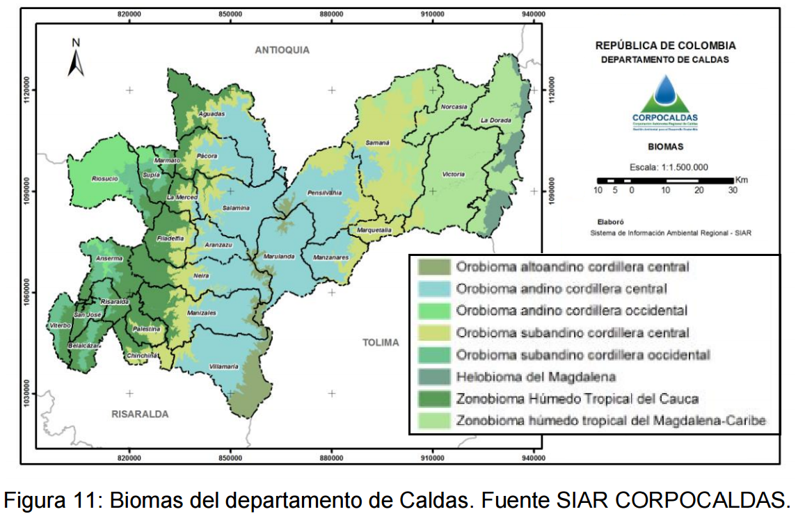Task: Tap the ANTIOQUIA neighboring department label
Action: click(x=282, y=50)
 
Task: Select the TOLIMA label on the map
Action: click(x=381, y=342)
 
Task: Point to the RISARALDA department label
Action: click(x=140, y=414)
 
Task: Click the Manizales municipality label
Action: click(x=202, y=313)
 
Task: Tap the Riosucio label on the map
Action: click(x=105, y=179)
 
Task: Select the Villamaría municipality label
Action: click(x=224, y=366)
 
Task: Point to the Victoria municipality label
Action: click(x=453, y=174)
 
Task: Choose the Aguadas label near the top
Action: click(x=212, y=113)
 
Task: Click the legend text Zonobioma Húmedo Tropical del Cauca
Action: click(x=577, y=399)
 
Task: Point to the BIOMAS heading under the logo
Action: click(x=665, y=147)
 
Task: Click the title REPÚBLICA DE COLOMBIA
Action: click(x=665, y=46)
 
